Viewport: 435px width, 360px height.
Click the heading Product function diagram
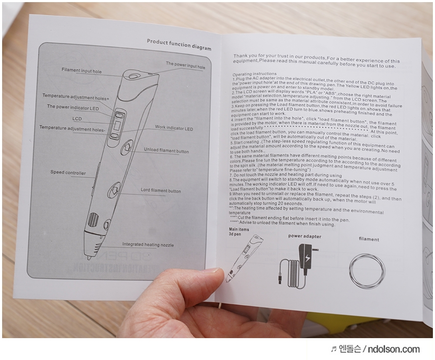[179, 45]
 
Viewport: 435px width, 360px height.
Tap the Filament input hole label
[82, 71]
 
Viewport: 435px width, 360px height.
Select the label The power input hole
[186, 65]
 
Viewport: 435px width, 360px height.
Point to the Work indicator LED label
[174, 128]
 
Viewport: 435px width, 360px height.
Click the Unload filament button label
[166, 150]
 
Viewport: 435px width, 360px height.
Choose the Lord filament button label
[161, 191]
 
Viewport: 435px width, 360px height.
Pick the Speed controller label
[68, 172]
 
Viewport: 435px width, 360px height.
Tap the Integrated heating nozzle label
[148, 244]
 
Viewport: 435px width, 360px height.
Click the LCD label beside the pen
[77, 119]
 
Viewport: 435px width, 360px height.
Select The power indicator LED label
[73, 108]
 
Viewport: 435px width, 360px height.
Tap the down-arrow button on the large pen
[114, 190]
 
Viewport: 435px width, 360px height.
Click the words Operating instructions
[255, 74]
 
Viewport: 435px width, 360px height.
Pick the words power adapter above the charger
[305, 236]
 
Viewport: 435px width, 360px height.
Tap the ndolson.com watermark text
[394, 349]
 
